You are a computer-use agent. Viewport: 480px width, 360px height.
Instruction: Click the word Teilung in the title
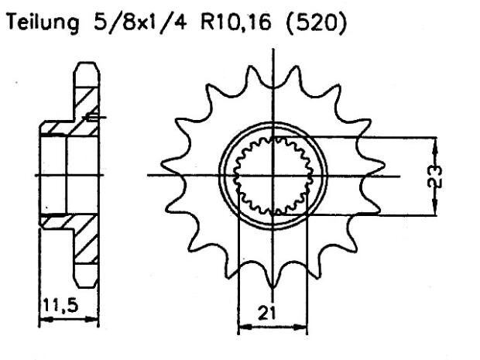click(x=39, y=25)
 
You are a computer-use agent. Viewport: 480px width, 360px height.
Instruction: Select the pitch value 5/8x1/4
click(x=131, y=25)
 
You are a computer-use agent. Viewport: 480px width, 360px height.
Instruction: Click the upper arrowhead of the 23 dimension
click(x=435, y=142)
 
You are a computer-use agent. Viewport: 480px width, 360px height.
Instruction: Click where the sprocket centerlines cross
click(x=273, y=177)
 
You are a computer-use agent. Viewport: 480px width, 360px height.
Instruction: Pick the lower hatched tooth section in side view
click(x=85, y=248)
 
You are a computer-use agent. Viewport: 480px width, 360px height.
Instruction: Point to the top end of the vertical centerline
click(x=273, y=48)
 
